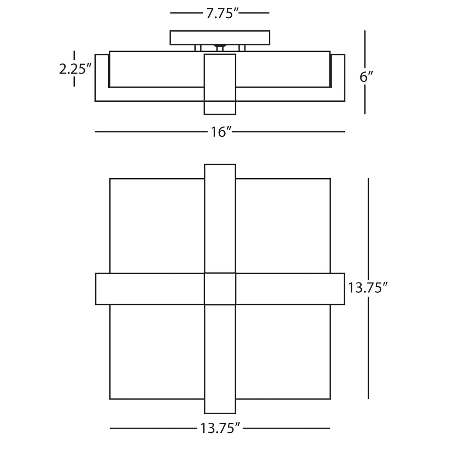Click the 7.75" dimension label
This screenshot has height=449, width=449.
click(220, 14)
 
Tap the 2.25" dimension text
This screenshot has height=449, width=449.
click(73, 69)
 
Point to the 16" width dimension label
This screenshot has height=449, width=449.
click(220, 132)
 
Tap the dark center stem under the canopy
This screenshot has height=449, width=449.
click(220, 48)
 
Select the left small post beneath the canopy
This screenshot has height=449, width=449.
click(198, 48)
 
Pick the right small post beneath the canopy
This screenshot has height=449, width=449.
click(242, 48)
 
